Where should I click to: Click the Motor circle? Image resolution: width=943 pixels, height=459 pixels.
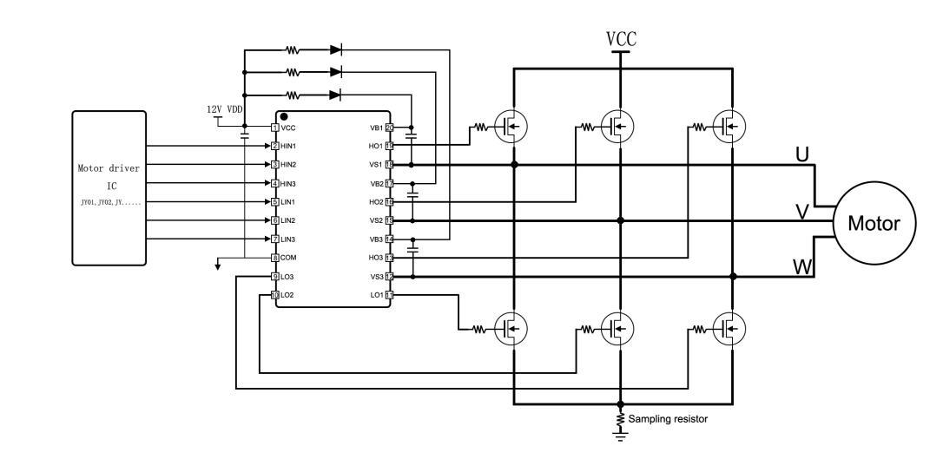[x=874, y=221]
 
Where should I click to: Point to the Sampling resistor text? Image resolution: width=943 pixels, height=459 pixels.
[x=668, y=419]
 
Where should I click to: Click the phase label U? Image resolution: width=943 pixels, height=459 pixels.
[x=802, y=154]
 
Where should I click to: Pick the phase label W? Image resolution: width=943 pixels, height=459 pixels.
[x=802, y=266]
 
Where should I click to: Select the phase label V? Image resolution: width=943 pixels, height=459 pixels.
[x=803, y=211]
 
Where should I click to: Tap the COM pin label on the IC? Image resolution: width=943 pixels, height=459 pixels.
[x=290, y=258]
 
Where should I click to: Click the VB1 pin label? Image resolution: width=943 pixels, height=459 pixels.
[x=376, y=128]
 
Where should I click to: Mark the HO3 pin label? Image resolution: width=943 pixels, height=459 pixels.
[x=376, y=258]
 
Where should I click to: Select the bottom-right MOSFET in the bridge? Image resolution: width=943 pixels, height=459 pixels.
[x=730, y=328]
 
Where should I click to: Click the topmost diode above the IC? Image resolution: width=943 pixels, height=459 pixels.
[x=336, y=49]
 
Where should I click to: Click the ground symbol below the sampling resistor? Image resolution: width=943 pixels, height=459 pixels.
[x=620, y=438]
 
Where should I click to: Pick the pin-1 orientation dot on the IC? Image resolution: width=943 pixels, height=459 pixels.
[x=283, y=115]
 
